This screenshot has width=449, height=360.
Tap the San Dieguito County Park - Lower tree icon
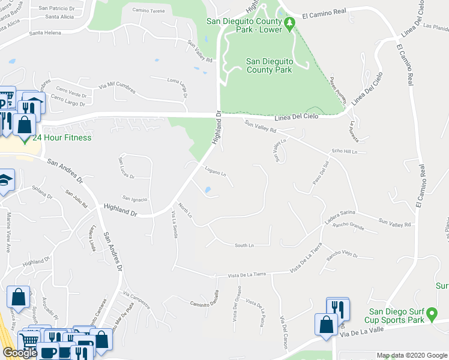pyautogui.click(x=290, y=24)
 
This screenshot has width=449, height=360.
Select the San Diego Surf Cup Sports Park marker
pyautogui.click(x=431, y=314)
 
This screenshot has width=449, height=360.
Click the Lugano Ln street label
pyautogui.click(x=215, y=172)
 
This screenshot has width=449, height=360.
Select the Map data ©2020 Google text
pyautogui.click(x=412, y=355)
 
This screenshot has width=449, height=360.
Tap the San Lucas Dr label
pyautogui.click(x=127, y=168)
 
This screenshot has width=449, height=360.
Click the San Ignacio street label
pyautogui.click(x=134, y=199)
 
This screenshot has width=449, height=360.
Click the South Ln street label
pyautogui.click(x=244, y=245)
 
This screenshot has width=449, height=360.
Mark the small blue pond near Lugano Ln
pyautogui.click(x=208, y=191)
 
